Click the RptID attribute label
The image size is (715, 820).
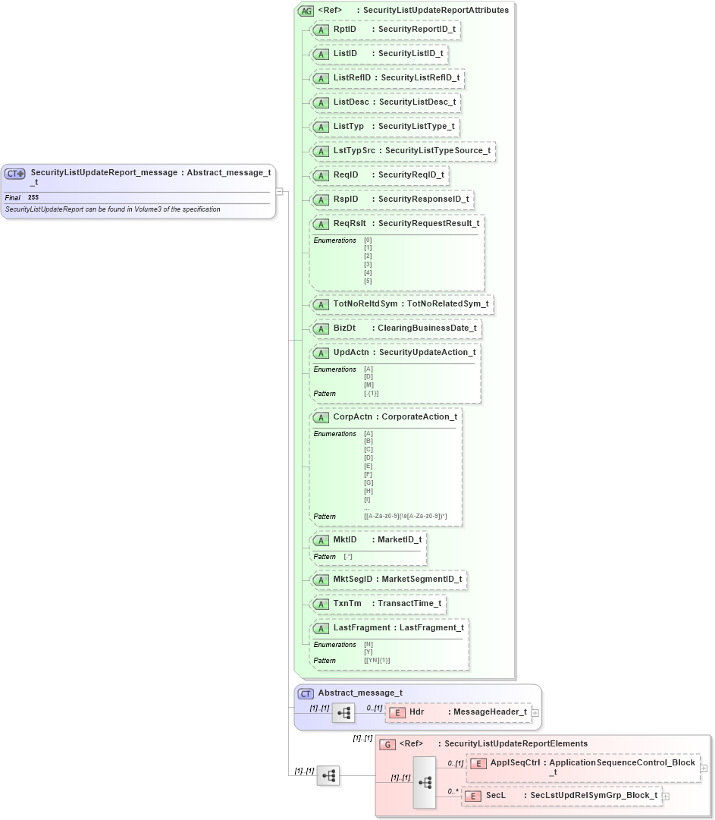[345, 29]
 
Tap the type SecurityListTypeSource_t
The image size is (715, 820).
[437, 150]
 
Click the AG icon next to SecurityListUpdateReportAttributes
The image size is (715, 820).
[306, 11]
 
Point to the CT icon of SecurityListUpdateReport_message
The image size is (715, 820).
[15, 174]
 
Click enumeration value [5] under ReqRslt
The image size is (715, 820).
[368, 281]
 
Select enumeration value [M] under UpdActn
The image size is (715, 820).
[368, 385]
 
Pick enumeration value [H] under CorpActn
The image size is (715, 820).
[368, 491]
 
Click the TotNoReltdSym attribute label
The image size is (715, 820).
[365, 303]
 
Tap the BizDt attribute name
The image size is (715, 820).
[344, 328]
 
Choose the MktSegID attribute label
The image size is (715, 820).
[353, 579]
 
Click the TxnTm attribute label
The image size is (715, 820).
[347, 603]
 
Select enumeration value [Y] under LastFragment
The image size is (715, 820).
[368, 652]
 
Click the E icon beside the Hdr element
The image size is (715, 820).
[397, 712]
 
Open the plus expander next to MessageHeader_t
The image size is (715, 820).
[536, 712]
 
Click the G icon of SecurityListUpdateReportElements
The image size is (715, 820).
[387, 744]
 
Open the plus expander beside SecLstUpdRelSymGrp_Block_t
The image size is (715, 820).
[666, 796]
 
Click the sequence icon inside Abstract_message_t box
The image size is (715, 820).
[343, 713]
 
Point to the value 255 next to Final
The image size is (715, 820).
[33, 197]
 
